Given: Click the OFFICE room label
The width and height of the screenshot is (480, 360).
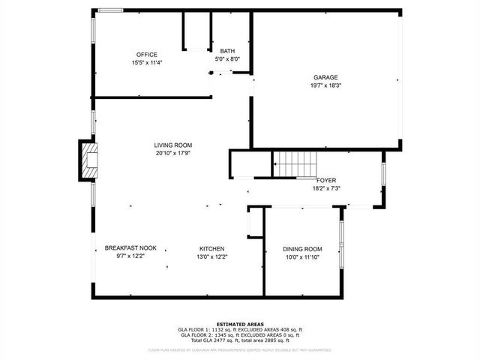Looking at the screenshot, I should [146, 55].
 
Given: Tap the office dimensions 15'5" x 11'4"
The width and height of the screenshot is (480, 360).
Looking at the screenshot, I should [146, 63].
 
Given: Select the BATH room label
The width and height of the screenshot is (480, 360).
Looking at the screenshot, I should [227, 51].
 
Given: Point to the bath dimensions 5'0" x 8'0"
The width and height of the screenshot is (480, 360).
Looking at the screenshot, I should [227, 59].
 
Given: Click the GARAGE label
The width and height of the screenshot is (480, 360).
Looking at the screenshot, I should [325, 77].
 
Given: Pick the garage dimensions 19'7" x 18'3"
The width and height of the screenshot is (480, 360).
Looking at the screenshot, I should [325, 85].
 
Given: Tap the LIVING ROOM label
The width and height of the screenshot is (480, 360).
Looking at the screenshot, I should [173, 145].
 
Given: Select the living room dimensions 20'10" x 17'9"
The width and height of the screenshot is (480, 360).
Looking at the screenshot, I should [173, 154].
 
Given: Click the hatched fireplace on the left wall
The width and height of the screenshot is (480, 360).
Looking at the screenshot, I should [89, 160].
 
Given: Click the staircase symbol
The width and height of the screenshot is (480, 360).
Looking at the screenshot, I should [295, 160].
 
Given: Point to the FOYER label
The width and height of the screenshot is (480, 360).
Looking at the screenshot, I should [326, 181].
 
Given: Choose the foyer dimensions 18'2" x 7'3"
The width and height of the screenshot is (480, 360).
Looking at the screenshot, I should [326, 189].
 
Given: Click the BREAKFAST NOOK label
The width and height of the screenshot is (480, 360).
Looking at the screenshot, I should [130, 248].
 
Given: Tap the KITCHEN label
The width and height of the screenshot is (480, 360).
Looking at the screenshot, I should [211, 248].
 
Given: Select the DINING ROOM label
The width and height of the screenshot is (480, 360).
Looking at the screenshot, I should [302, 249].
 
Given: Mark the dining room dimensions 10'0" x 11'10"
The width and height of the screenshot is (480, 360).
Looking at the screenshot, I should [302, 257].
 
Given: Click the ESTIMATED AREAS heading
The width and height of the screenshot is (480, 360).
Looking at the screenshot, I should [239, 324].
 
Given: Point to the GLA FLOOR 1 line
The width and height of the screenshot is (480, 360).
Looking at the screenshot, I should [239, 330].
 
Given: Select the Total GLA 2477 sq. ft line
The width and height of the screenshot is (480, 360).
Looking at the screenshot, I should [239, 340].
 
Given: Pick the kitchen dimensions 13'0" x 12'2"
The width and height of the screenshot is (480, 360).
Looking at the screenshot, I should [211, 256].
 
